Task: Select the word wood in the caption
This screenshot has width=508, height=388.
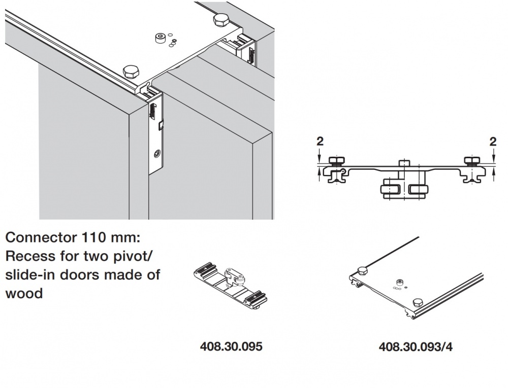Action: tap(24, 294)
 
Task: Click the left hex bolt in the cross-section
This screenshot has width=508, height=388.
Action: tap(335, 162)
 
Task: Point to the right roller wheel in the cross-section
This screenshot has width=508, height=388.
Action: tap(418, 191)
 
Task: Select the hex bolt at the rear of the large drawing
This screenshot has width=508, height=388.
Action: tap(221, 20)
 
